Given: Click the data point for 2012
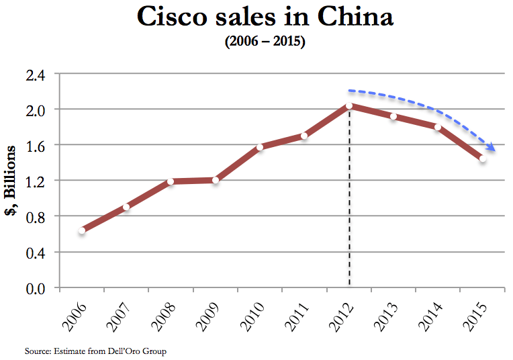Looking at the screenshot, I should pyautogui.click(x=349, y=106).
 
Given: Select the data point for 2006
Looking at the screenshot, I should pyautogui.click(x=82, y=230).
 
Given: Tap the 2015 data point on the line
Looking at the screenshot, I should pyautogui.click(x=482, y=159).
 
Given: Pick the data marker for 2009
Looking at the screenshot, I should pyautogui.click(x=216, y=180).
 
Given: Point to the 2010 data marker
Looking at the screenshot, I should pyautogui.click(x=260, y=147).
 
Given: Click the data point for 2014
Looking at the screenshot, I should pyautogui.click(x=437, y=127).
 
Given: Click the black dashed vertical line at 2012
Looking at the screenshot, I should pyautogui.click(x=349, y=201).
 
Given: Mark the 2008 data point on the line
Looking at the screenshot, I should pyautogui.click(x=171, y=181).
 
